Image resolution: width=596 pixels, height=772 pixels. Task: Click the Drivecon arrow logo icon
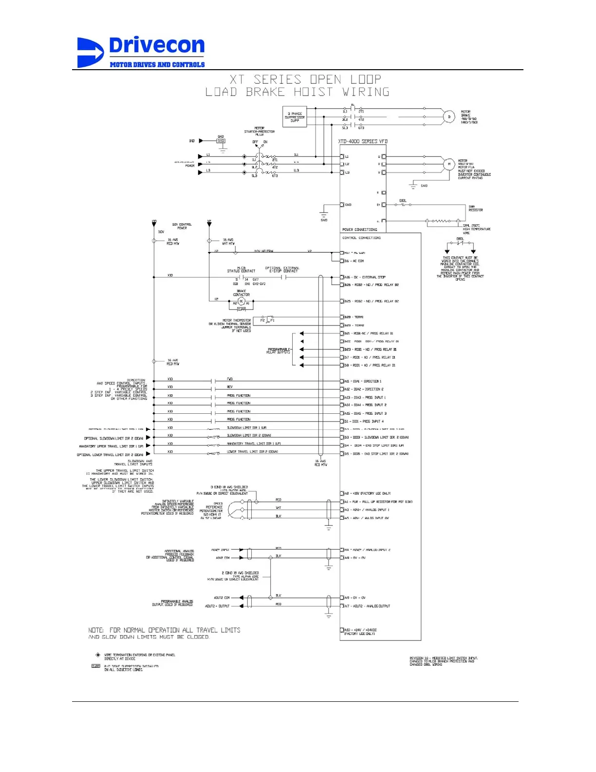[x=90, y=53]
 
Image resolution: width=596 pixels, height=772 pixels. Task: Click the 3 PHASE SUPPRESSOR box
[x=295, y=117]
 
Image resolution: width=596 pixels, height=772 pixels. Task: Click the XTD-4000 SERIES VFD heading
[x=363, y=141]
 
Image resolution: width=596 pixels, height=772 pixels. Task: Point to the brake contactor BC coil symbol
[x=241, y=302]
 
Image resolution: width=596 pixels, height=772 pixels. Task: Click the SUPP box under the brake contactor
[x=241, y=309]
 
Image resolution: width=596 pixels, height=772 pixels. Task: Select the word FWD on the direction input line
[x=230, y=379]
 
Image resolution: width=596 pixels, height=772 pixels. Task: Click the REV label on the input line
[x=230, y=387]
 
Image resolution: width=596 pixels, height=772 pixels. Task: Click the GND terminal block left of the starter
[x=221, y=141]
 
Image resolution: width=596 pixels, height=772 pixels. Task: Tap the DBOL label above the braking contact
[x=403, y=201]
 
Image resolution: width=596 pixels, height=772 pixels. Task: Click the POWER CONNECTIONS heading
[x=359, y=230]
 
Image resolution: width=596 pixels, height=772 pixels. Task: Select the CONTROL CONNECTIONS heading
[x=361, y=238]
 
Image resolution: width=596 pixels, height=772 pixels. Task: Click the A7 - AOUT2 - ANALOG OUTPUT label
[x=370, y=606]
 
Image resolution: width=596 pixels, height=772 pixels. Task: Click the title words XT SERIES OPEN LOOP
[x=305, y=79]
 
